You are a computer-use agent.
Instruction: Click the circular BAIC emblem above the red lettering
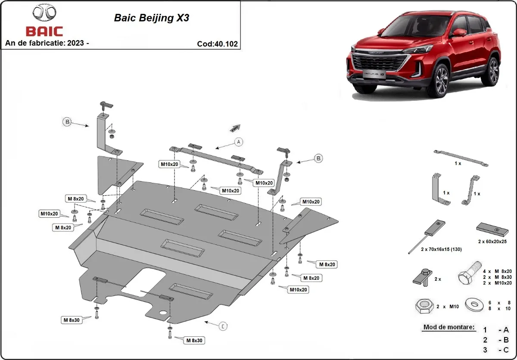pyautogui.click(x=44, y=13)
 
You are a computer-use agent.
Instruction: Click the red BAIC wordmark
pyautogui.click(x=44, y=31)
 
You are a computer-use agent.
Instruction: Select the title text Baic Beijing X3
pyautogui.click(x=151, y=18)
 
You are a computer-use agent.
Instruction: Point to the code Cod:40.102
pyautogui.click(x=217, y=44)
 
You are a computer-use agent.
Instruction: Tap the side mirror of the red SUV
pyautogui.click(x=460, y=33)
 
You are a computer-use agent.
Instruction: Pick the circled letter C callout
pyautogui.click(x=223, y=326)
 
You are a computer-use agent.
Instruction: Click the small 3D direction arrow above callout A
pyautogui.click(x=235, y=128)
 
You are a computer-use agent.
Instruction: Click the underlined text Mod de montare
pyautogui.click(x=448, y=327)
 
